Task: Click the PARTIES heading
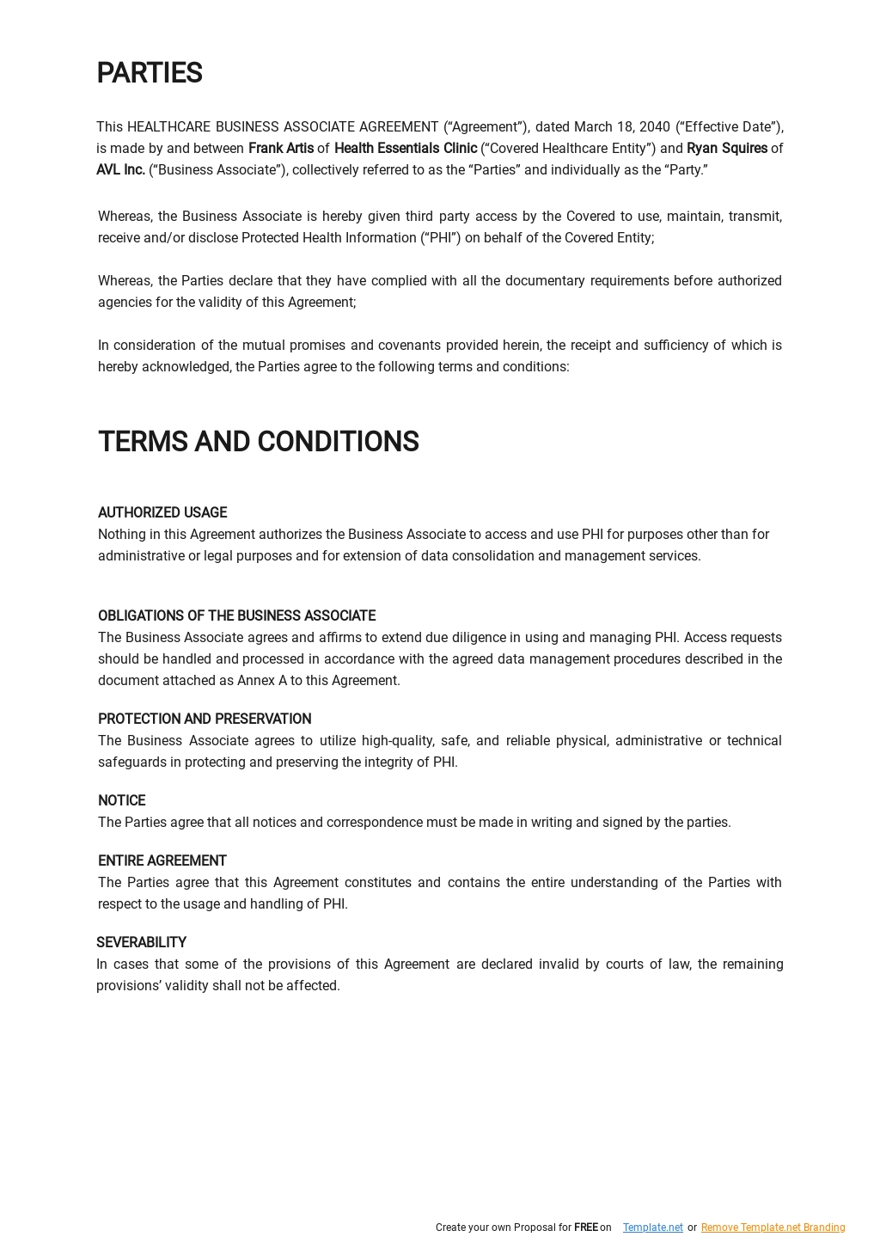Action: [150, 74]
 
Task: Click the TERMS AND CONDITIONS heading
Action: [258, 442]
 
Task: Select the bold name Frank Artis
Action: [281, 149]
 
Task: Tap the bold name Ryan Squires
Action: [727, 149]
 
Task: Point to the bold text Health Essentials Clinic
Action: [406, 149]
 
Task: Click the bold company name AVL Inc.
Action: [120, 170]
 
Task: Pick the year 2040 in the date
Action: [655, 127]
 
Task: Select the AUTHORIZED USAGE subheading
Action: [162, 513]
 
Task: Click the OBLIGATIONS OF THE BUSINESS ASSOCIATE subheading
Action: [236, 616]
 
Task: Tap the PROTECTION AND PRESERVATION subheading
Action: [205, 719]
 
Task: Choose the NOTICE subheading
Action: [121, 801]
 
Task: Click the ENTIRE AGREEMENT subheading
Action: [162, 861]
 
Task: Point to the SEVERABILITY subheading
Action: [141, 943]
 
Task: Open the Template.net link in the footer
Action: [652, 1228]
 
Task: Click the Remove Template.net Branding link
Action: [773, 1228]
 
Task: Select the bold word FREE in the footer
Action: [586, 1228]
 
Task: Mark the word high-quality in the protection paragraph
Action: [398, 741]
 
